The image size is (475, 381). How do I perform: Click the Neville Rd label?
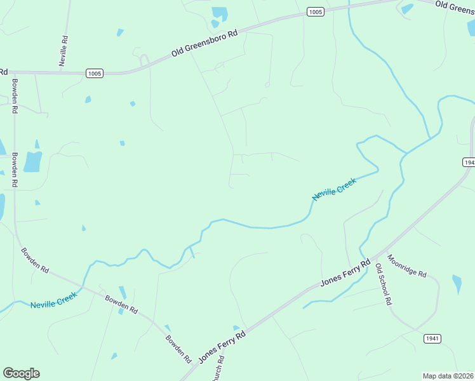[65, 48]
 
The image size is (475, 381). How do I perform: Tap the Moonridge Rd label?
[407, 266]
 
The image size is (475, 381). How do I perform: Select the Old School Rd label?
[383, 284]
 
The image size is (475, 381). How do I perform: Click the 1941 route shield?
[432, 338]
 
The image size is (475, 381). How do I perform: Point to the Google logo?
[21, 373]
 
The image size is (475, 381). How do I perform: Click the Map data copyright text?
[448, 376]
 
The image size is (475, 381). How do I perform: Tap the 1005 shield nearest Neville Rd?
[94, 74]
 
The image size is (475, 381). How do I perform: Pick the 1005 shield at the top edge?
[315, 12]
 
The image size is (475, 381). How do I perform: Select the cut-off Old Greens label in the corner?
[455, 6]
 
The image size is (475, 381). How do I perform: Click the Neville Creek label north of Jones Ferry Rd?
[335, 189]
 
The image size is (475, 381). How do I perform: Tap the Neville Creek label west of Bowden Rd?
[54, 300]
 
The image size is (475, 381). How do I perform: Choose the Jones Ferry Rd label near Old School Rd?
[345, 272]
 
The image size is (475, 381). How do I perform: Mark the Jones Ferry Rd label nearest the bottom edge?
[222, 346]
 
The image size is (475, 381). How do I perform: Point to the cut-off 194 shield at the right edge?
[469, 163]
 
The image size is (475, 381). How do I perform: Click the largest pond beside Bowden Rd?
[32, 161]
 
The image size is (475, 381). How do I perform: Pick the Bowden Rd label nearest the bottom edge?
[178, 347]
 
